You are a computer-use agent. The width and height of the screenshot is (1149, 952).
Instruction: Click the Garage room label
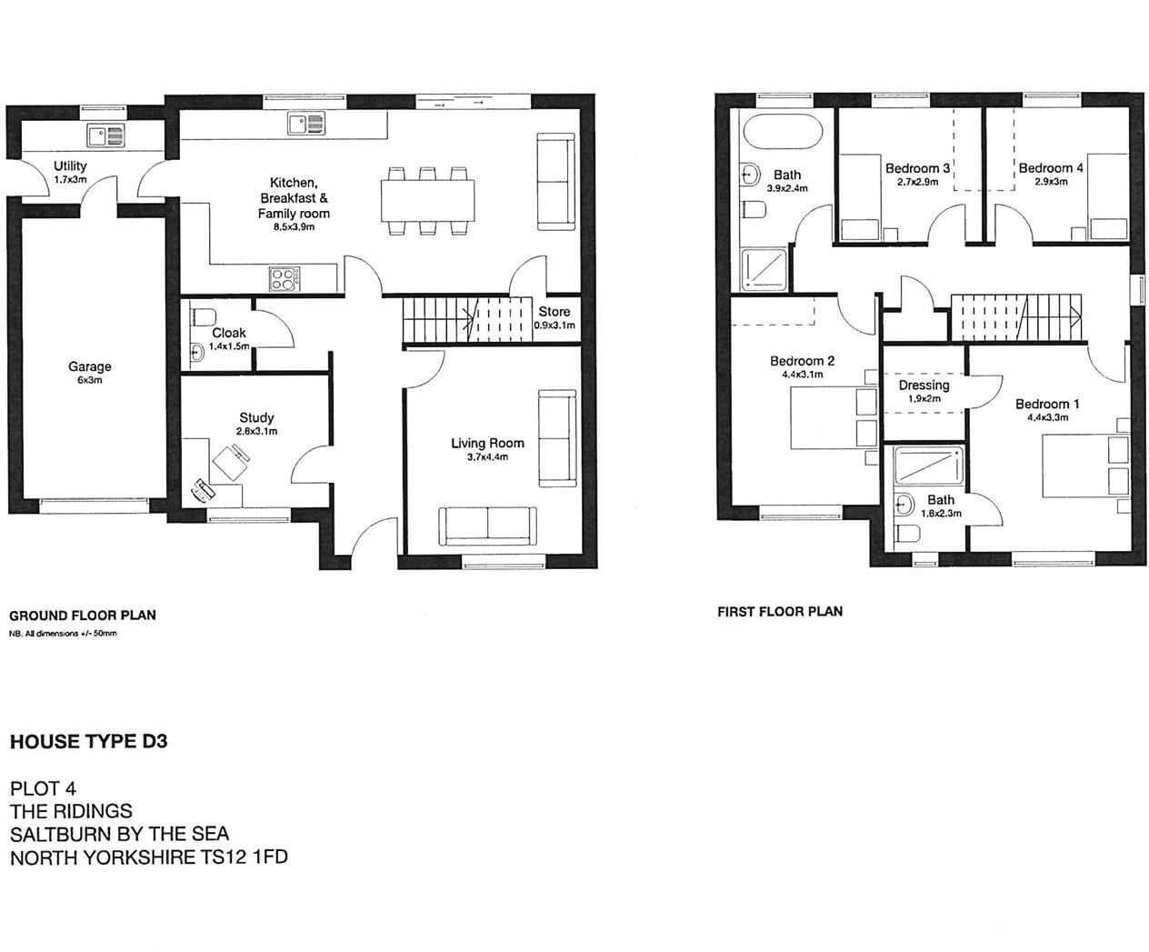89,366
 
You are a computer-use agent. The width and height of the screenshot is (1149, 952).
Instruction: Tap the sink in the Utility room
106,136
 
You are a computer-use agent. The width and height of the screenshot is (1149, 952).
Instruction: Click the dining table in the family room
427,200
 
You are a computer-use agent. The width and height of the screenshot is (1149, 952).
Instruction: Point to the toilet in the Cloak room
203,317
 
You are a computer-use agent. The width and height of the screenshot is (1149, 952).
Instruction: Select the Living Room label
487,443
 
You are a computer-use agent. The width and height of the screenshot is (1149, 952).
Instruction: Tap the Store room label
554,311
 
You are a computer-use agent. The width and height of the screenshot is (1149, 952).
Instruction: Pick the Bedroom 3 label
917,168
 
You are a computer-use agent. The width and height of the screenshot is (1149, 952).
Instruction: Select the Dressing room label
924,385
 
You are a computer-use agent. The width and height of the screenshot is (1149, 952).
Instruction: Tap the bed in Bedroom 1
1082,466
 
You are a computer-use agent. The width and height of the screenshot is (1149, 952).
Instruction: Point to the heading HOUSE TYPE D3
88,741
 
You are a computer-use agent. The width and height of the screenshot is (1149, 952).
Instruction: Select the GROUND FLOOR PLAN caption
83,615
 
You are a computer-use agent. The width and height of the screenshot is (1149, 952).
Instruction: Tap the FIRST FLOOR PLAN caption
780,611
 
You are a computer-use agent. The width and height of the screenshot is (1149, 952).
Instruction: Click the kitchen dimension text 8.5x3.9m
294,227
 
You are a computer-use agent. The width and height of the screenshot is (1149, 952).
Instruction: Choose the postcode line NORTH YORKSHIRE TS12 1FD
148,857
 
